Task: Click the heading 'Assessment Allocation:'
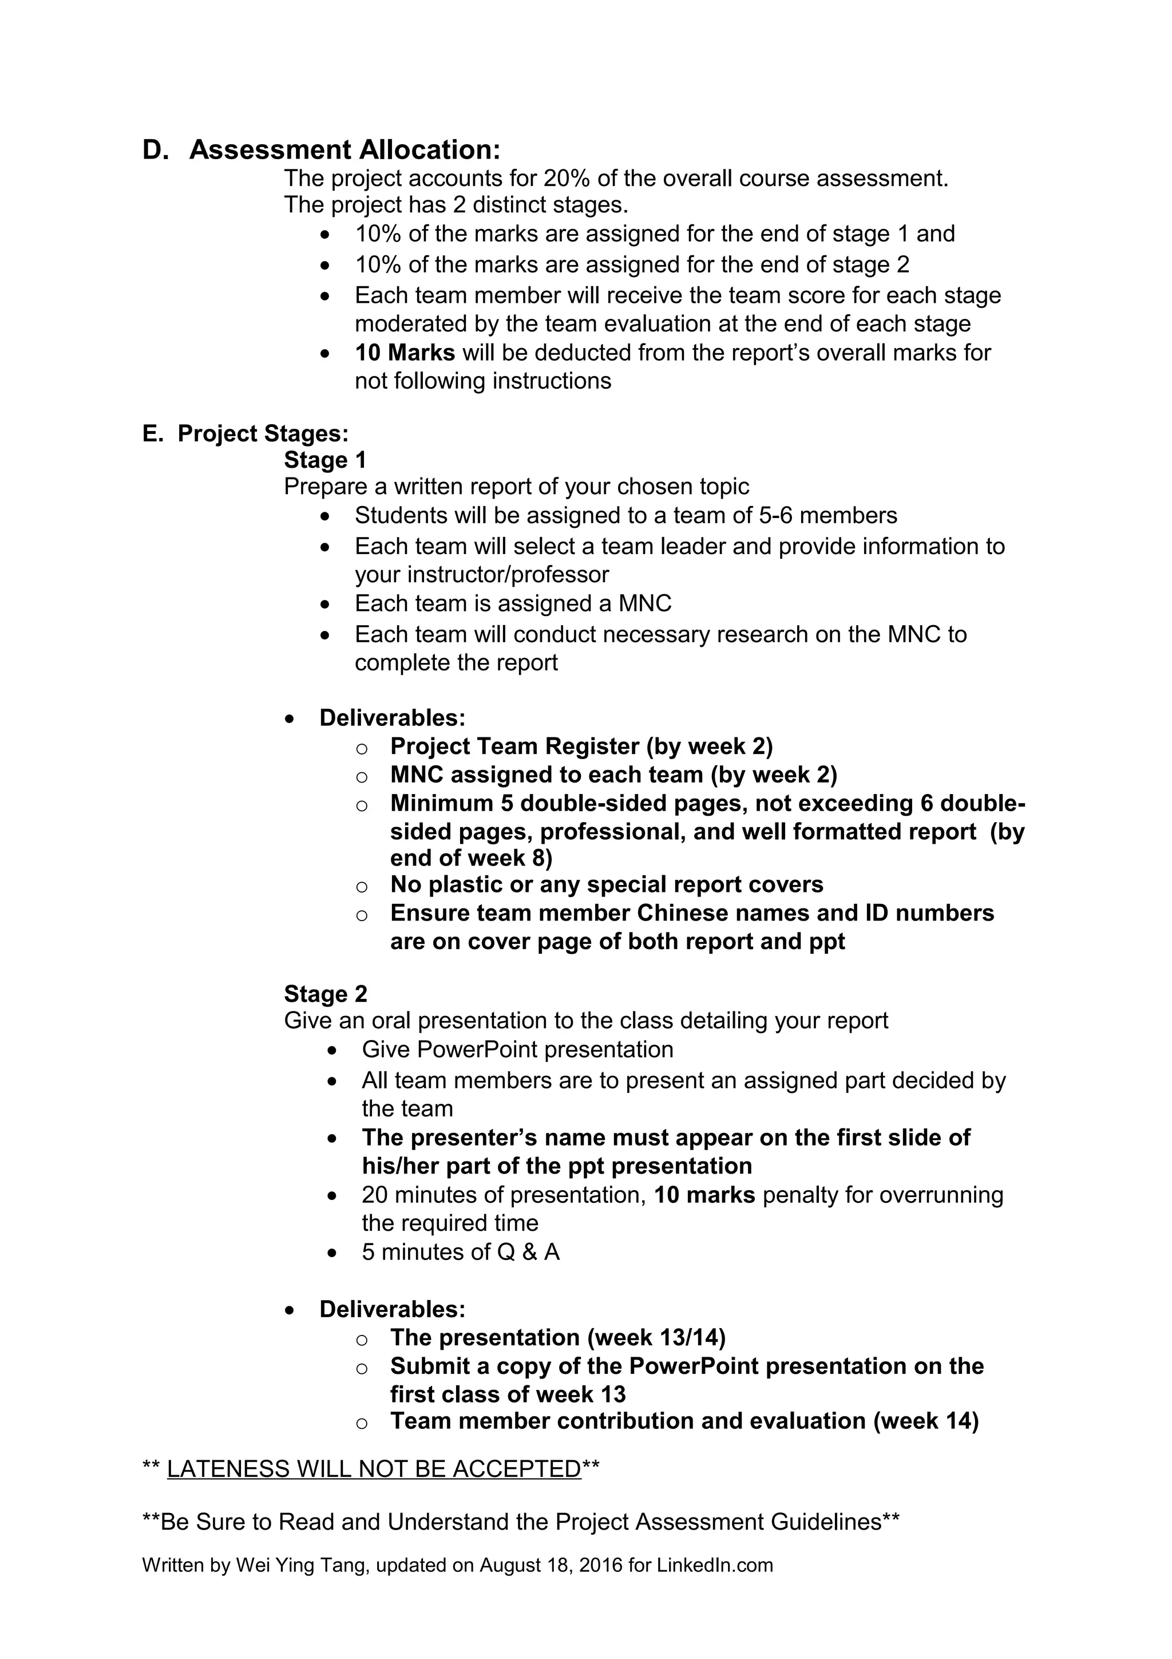coord(345,149)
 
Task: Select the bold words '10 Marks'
coord(405,353)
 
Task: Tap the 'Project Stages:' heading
coord(263,433)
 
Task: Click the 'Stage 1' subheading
coord(325,460)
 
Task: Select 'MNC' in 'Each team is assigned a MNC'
coord(645,603)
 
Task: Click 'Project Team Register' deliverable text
coord(515,746)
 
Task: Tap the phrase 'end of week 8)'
coord(471,858)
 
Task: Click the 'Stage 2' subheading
coord(326,994)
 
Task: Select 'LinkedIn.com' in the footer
coord(714,1565)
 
